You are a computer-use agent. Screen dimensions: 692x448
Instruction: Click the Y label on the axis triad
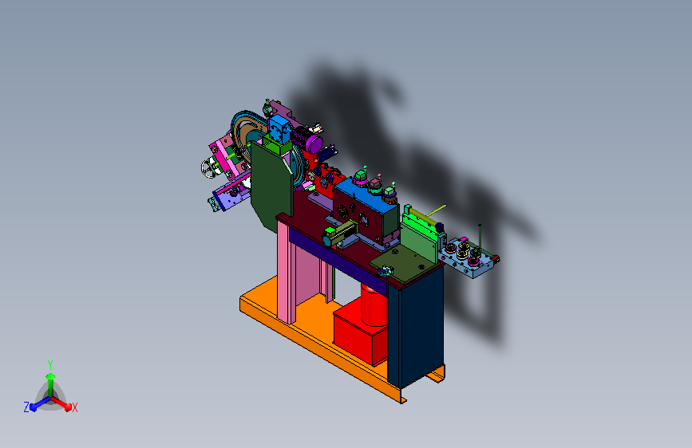tap(50, 364)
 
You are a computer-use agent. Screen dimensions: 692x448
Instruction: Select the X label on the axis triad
tap(74, 408)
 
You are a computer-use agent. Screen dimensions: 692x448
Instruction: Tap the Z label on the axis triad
tap(26, 407)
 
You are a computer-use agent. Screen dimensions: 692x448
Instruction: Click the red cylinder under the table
tap(374, 305)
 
